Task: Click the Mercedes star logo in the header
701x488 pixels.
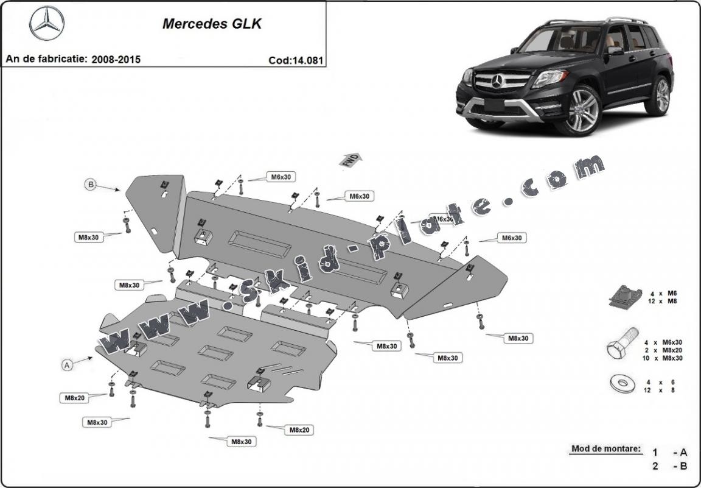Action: click(x=47, y=23)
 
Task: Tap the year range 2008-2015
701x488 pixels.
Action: click(x=116, y=60)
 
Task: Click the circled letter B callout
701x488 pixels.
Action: click(x=91, y=183)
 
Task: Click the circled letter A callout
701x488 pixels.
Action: click(x=68, y=364)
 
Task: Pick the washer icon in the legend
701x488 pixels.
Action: click(x=620, y=384)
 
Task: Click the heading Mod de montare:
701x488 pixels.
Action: click(x=605, y=450)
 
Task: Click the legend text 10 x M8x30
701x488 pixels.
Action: click(x=663, y=358)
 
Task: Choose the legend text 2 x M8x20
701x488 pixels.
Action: click(x=663, y=350)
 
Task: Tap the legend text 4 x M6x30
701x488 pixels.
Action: click(x=663, y=342)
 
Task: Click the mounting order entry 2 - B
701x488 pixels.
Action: click(x=669, y=467)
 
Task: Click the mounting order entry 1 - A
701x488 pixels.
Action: click(x=669, y=452)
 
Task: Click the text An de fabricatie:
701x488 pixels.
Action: click(x=46, y=60)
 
